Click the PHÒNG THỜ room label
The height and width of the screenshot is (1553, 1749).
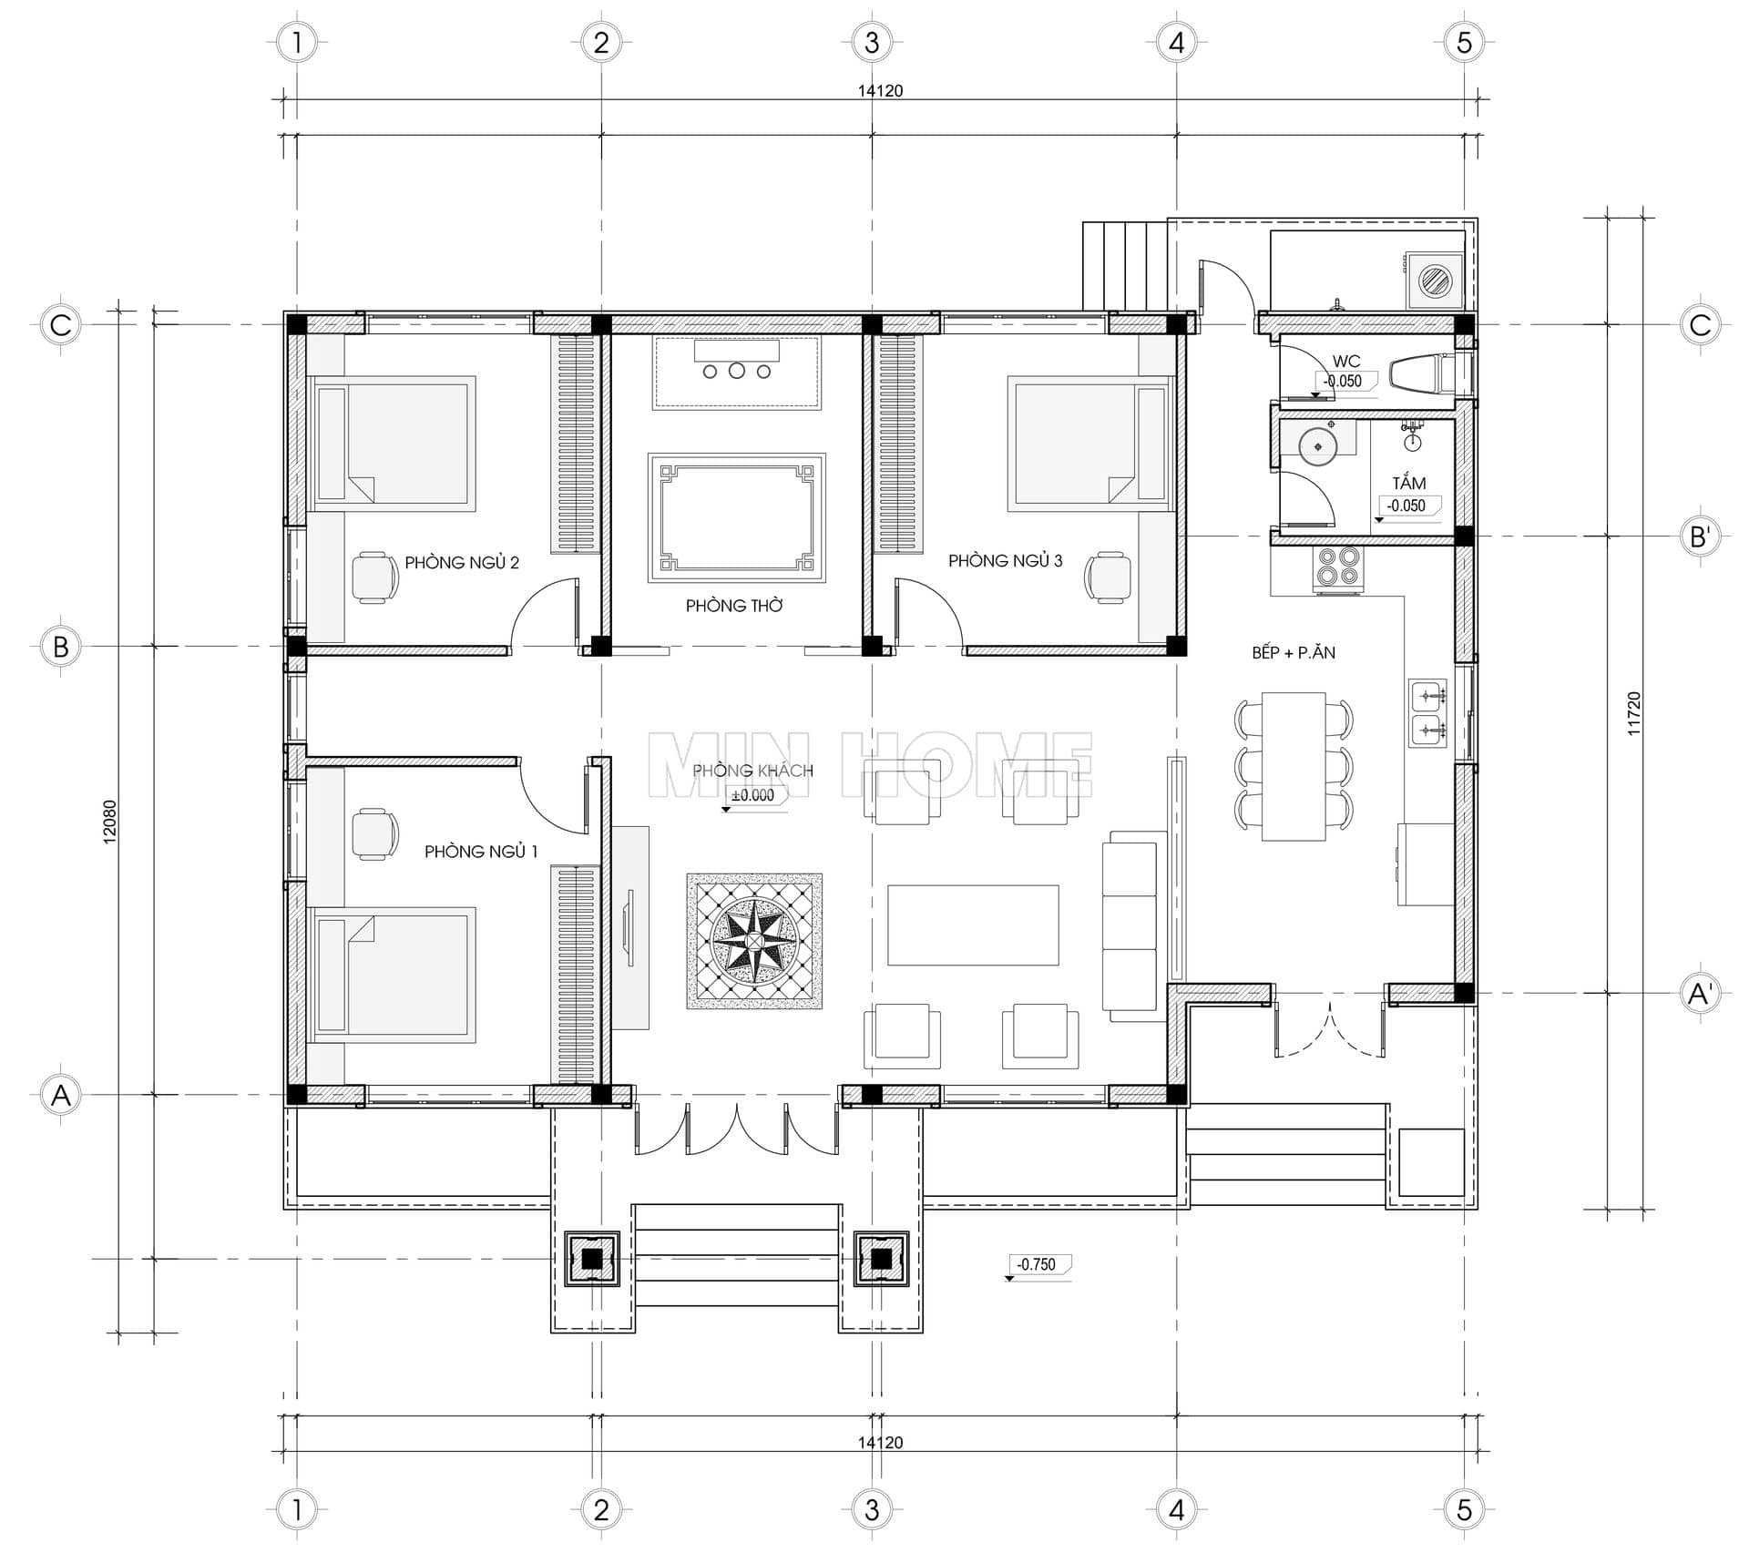[734, 606]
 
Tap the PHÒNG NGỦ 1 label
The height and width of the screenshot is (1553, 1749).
[481, 852]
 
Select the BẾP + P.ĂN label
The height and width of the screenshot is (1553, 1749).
[1294, 652]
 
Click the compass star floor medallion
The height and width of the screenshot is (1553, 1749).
[754, 941]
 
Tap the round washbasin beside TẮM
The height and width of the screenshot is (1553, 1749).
[1318, 446]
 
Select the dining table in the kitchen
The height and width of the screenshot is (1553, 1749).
[1294, 766]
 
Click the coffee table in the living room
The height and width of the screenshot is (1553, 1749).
[973, 925]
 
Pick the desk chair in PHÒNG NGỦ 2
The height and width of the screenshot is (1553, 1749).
[375, 577]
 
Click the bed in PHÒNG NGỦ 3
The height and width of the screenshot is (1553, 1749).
[1089, 442]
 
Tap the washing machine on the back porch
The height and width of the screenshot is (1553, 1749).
[1435, 280]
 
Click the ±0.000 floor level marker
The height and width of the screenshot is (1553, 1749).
[752, 796]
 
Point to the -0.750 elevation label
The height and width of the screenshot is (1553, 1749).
[1038, 1265]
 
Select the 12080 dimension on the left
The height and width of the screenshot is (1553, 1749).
[110, 822]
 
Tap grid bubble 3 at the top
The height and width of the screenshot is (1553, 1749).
[872, 42]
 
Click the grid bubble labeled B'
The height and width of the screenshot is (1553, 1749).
[1700, 536]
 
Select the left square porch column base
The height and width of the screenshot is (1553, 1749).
[592, 1259]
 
